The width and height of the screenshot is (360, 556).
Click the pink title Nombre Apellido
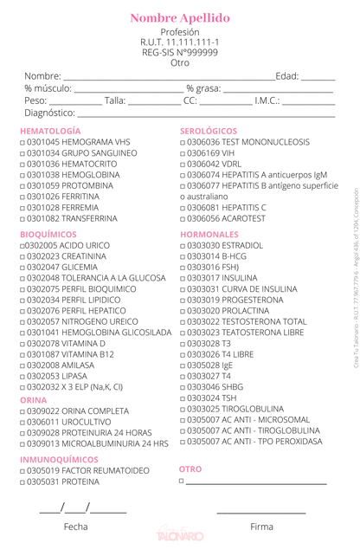tap(180, 18)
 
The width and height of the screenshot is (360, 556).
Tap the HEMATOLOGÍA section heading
tap(56, 130)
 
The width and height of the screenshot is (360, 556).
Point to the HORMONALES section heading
tap(209, 234)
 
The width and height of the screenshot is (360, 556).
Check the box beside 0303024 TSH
tap(182, 398)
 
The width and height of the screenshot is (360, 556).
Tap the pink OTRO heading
tap(190, 469)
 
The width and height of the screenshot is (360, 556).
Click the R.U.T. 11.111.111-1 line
tap(180, 42)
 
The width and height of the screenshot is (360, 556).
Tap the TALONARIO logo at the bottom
tap(179, 539)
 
